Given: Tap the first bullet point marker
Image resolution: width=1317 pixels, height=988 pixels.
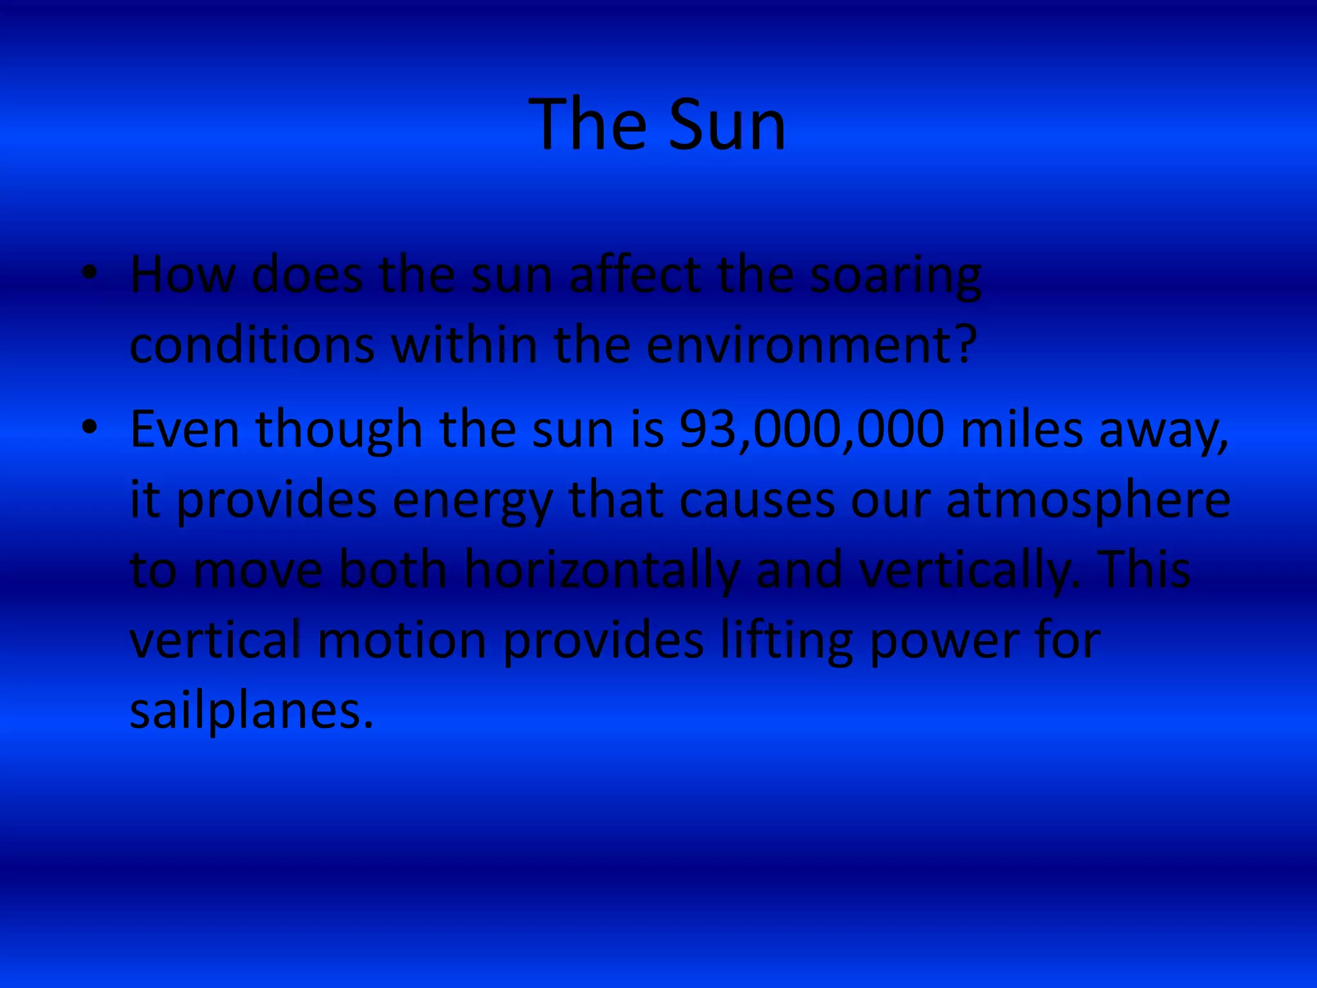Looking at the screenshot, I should tap(90, 273).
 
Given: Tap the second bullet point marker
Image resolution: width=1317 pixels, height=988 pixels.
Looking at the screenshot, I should tap(90, 426).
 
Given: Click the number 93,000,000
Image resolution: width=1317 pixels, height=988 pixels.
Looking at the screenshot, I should tap(812, 430).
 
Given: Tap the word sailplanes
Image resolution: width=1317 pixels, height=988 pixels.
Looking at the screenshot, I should tap(251, 713).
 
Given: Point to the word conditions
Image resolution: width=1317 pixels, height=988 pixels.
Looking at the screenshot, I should tap(252, 345).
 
